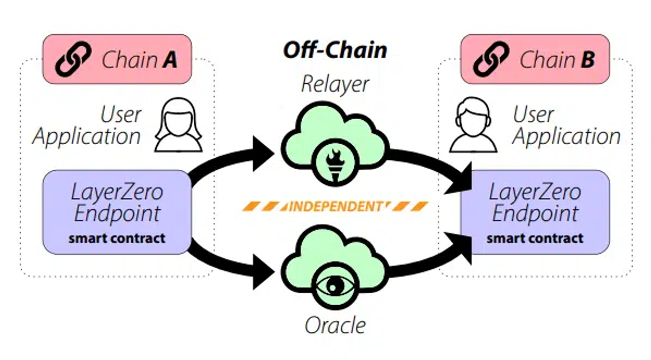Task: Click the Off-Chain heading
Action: click(335, 50)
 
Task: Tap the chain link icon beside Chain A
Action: click(73, 60)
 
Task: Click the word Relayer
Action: click(335, 85)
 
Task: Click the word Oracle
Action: click(335, 325)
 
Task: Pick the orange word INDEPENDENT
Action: click(335, 207)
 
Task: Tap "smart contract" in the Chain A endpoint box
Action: click(117, 238)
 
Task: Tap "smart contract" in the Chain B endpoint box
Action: click(535, 238)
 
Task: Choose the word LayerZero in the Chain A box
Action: click(117, 192)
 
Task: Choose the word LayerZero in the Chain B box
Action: click(535, 192)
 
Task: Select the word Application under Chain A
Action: click(87, 136)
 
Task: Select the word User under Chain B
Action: click(533, 115)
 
